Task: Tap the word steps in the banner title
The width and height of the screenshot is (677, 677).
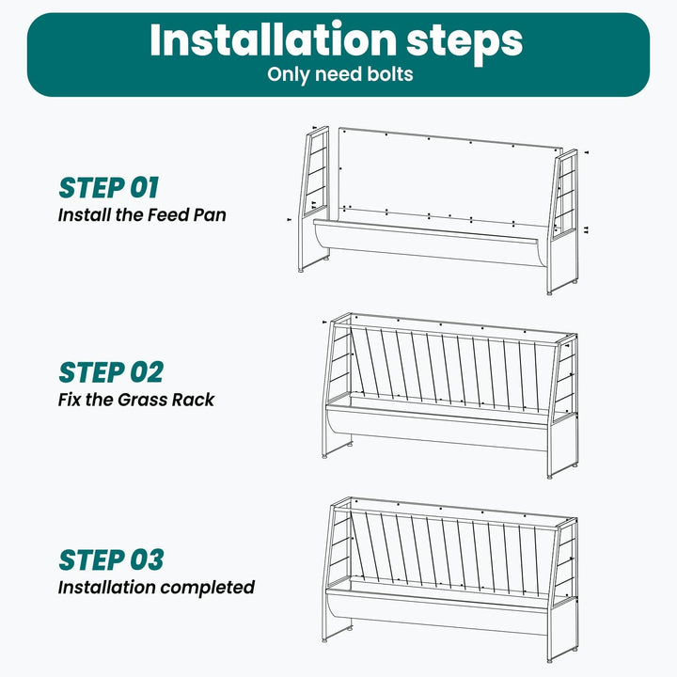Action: coord(464,42)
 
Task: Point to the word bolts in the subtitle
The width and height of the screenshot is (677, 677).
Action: coord(390,74)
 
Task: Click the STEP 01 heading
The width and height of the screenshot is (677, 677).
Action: coord(109,188)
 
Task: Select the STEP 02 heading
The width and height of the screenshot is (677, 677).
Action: coord(111,372)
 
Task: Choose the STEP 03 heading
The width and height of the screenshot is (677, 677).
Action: coord(111,560)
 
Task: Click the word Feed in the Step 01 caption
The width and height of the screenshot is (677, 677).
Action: coord(168,214)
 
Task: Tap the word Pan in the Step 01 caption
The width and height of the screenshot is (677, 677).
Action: coord(210,214)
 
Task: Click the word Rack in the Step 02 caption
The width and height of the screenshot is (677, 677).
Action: coord(193,400)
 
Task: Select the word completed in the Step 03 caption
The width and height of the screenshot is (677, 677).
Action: coord(208,588)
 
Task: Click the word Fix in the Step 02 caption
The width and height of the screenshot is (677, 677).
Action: coord(70,400)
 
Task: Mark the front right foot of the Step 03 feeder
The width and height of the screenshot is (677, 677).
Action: coord(550,660)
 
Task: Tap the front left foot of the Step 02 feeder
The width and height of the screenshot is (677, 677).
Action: coord(324,455)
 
